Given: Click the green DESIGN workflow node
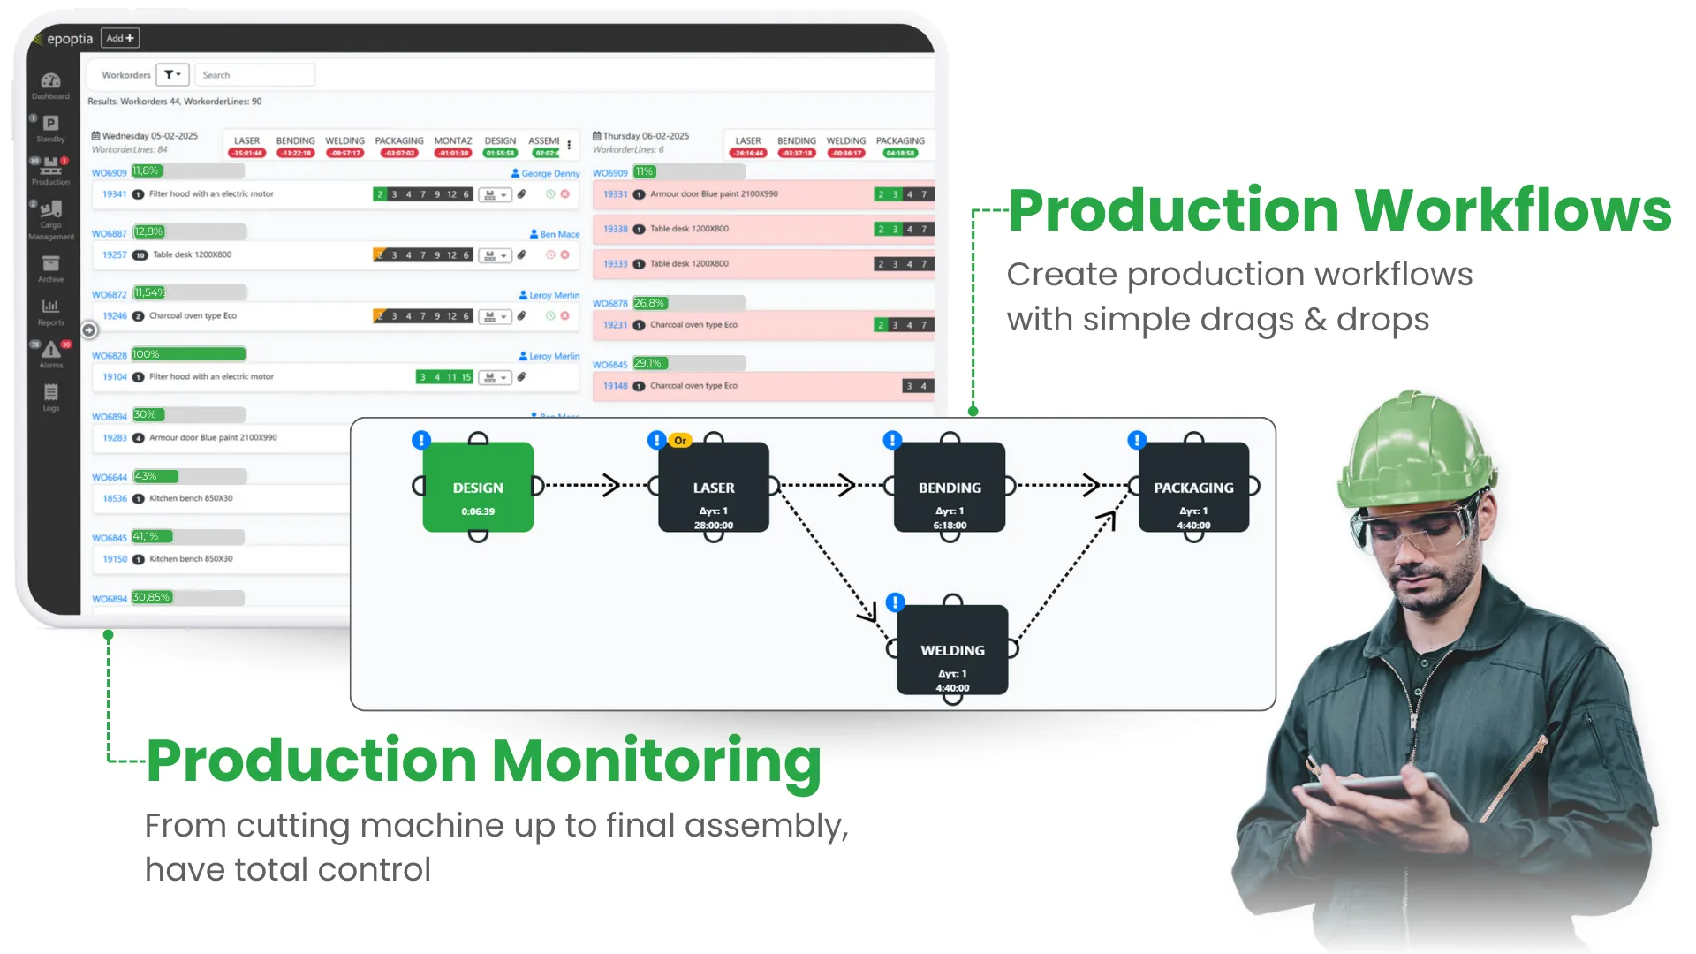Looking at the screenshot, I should point(478,488).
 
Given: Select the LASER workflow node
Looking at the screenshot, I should point(714,488).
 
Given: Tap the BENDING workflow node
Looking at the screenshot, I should point(950,488).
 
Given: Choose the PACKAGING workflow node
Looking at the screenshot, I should point(1193,488).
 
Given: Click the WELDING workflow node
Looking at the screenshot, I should point(952,650).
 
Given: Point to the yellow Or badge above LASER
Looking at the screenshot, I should point(680,440).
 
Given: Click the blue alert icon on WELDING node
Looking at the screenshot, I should point(895,602).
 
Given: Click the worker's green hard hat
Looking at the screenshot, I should point(1413,450).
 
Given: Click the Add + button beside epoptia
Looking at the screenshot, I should point(121,38).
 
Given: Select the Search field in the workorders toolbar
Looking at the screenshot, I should point(254,75).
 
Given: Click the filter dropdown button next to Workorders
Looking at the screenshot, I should point(172,75).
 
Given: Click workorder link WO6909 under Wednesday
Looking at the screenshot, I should point(110,172).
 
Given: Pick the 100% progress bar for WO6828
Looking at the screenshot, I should point(189,354).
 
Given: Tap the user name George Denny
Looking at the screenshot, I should point(549,173).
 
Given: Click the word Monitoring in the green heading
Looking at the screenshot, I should point(656,761).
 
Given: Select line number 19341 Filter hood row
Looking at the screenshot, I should point(115,193).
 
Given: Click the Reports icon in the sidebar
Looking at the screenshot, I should point(50,310).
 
